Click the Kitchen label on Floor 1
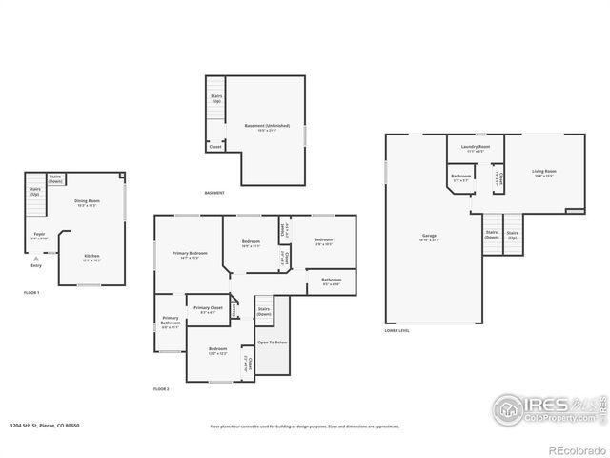coord(92,257)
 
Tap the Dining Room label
coord(87,202)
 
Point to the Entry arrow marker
coord(35,258)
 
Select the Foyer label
coord(39,234)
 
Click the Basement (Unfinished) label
coord(267,126)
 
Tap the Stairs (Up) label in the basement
coord(215,99)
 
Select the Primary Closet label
coord(208,309)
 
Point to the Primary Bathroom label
coord(171,323)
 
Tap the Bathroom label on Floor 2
coord(331,281)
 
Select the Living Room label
coord(544,172)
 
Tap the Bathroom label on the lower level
coord(460,177)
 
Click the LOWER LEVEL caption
coord(397,331)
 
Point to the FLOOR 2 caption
coord(161,389)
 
